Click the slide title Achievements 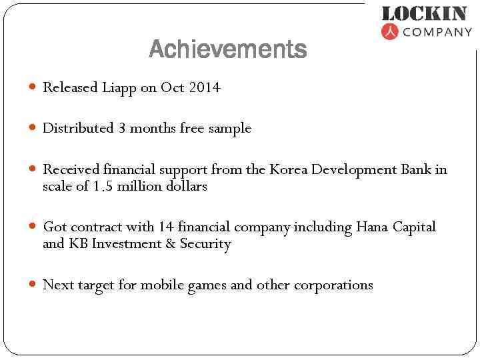[228, 49]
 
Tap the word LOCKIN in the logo [424, 13]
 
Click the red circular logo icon [389, 31]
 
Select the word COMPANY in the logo [437, 31]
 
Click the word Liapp [119, 87]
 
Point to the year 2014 [204, 87]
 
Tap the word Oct [172, 87]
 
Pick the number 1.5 [103, 186]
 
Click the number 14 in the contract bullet [165, 227]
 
